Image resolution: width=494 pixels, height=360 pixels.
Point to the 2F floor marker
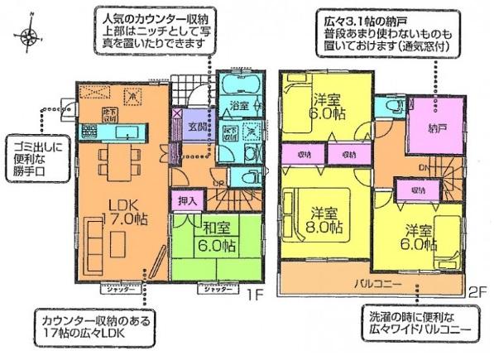click(x=477, y=290)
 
